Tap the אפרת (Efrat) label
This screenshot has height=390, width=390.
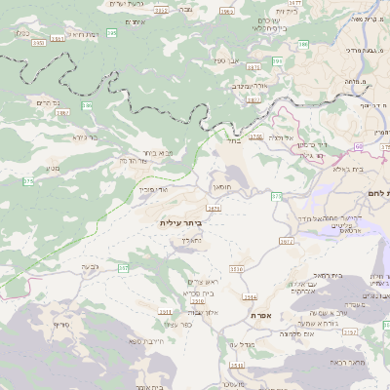click(260, 317)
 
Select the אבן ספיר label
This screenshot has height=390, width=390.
click(222, 61)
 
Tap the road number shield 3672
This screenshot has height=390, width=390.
click(286, 241)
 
